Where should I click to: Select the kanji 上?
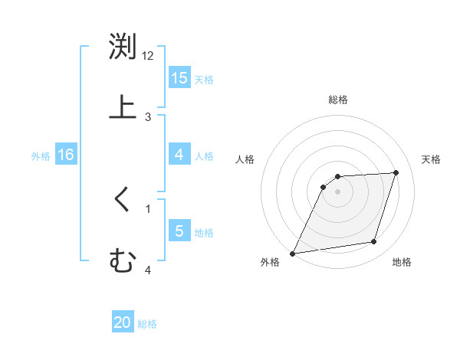coord(123,107)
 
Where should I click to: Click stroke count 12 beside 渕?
coord(148,56)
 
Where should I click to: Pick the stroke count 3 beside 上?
coord(148,116)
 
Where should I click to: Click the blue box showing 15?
coord(179,78)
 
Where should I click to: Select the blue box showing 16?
coord(66,155)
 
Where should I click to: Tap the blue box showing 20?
coord(123,322)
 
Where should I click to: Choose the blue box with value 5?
coord(179,231)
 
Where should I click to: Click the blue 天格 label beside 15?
coord(204,80)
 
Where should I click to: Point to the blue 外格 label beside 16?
coord(41,156)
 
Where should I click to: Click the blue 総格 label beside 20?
coord(147,324)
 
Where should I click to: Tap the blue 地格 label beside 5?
coord(204,233)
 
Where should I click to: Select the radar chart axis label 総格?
coord(338,100)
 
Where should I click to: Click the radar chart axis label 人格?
coord(245,159)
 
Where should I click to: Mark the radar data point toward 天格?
coord(396,172)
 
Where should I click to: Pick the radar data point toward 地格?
coord(374,242)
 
